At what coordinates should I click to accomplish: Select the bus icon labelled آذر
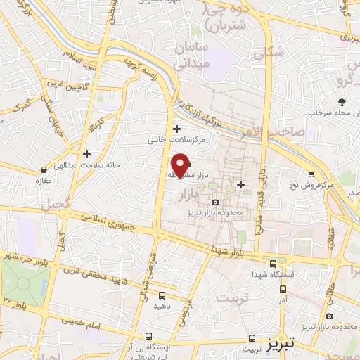tap(283, 285)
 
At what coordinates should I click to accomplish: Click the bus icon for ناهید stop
tap(162, 295)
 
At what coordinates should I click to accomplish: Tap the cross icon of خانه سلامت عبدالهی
tap(86, 154)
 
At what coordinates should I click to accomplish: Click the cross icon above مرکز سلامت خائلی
tap(176, 129)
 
